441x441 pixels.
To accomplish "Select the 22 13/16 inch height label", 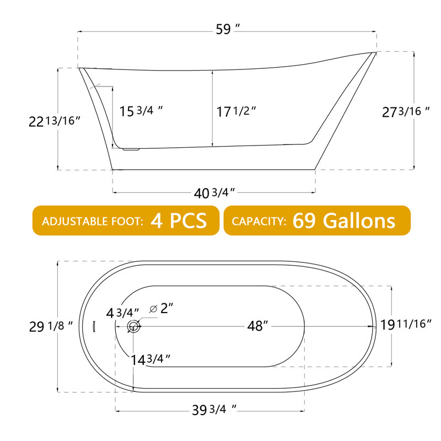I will [x=55, y=121].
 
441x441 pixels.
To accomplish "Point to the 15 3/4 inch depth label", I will [x=141, y=110].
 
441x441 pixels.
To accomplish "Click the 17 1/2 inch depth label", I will [x=236, y=111].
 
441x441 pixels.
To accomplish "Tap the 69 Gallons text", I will [x=344, y=220].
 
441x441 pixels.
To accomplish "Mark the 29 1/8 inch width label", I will [x=51, y=326].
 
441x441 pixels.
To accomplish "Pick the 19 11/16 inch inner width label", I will [x=406, y=324].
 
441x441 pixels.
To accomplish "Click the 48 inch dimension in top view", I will [x=257, y=326].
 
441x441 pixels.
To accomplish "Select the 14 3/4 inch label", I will [x=149, y=359].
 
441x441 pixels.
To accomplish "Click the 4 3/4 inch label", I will [x=122, y=313].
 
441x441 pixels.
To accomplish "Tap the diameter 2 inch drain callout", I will [x=162, y=308].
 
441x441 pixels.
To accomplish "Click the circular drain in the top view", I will [x=134, y=326].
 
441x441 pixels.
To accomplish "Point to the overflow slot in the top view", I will [x=94, y=326].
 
